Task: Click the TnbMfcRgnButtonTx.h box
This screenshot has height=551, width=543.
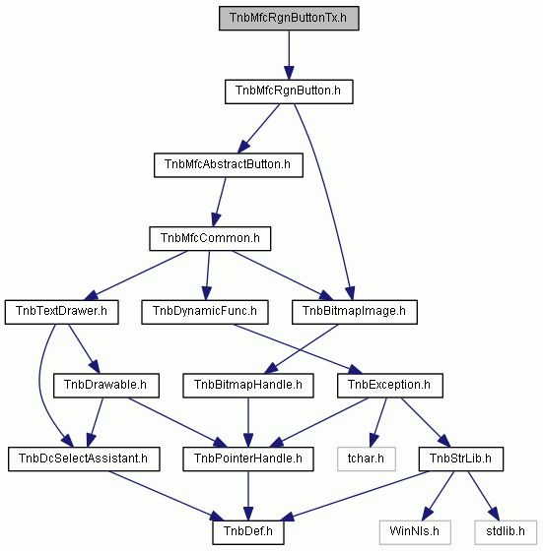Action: (289, 19)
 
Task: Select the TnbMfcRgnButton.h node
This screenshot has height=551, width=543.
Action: (289, 92)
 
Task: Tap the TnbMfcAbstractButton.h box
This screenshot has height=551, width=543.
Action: (229, 165)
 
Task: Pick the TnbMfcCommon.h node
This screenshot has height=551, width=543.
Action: (210, 238)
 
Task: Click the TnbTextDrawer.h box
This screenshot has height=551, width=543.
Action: (61, 312)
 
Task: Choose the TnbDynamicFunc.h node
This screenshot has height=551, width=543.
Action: (205, 312)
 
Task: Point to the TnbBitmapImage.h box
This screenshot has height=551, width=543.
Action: (355, 312)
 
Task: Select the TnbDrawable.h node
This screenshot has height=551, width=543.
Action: (106, 386)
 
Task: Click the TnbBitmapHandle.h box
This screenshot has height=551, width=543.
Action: (248, 386)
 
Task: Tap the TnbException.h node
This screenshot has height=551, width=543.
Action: (390, 386)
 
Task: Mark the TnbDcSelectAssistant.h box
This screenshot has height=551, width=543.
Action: (84, 459)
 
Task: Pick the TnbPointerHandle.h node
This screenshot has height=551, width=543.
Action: (248, 459)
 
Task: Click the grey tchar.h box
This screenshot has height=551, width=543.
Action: (367, 459)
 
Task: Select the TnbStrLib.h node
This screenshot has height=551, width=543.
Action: (461, 459)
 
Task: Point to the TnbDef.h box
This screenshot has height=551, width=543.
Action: (248, 532)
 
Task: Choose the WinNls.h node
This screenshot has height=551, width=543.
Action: (415, 532)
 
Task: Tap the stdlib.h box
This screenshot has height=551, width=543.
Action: (506, 532)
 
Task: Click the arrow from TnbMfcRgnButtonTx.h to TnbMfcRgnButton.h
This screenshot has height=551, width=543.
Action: (289, 55)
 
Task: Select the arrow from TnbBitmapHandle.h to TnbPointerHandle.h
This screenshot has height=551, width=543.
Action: (248, 422)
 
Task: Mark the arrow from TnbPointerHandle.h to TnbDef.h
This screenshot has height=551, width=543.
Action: (248, 496)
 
